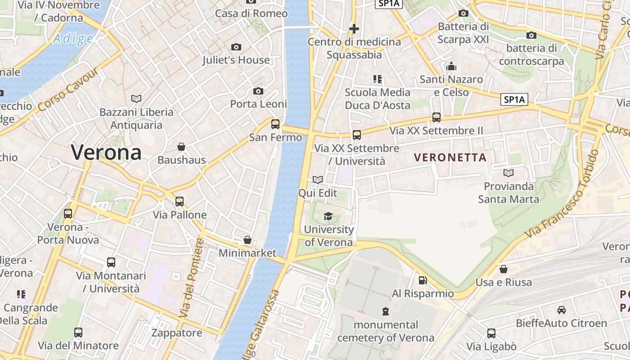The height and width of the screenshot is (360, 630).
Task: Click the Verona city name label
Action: click(106, 153)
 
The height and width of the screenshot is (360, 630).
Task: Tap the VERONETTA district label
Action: click(450, 157)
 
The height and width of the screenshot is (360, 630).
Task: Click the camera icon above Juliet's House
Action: click(236, 47)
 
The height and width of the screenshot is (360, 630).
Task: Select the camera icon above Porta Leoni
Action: click(258, 91)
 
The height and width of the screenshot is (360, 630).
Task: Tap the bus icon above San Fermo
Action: click(275, 124)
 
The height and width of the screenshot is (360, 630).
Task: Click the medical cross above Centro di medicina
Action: click(354, 29)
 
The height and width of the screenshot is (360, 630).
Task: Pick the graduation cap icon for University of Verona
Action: click(328, 216)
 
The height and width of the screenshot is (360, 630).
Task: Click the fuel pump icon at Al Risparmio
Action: click(423, 280)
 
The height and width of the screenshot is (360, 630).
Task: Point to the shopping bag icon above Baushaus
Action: click(181, 147)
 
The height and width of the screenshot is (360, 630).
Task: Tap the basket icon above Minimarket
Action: click(247, 240)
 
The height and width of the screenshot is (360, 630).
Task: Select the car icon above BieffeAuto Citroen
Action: click(561, 310)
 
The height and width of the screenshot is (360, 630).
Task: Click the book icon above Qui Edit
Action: click(318, 180)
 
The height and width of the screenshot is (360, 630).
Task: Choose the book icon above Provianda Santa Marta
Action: click(508, 173)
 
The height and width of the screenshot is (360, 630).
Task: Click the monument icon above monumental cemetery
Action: click(386, 311)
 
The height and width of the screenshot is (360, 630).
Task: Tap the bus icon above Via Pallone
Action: click(180, 202)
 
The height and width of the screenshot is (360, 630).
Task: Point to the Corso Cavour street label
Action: click(68, 90)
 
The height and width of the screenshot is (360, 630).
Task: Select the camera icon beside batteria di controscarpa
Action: click(531, 35)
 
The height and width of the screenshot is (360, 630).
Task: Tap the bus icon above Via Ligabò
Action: click(491, 333)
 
